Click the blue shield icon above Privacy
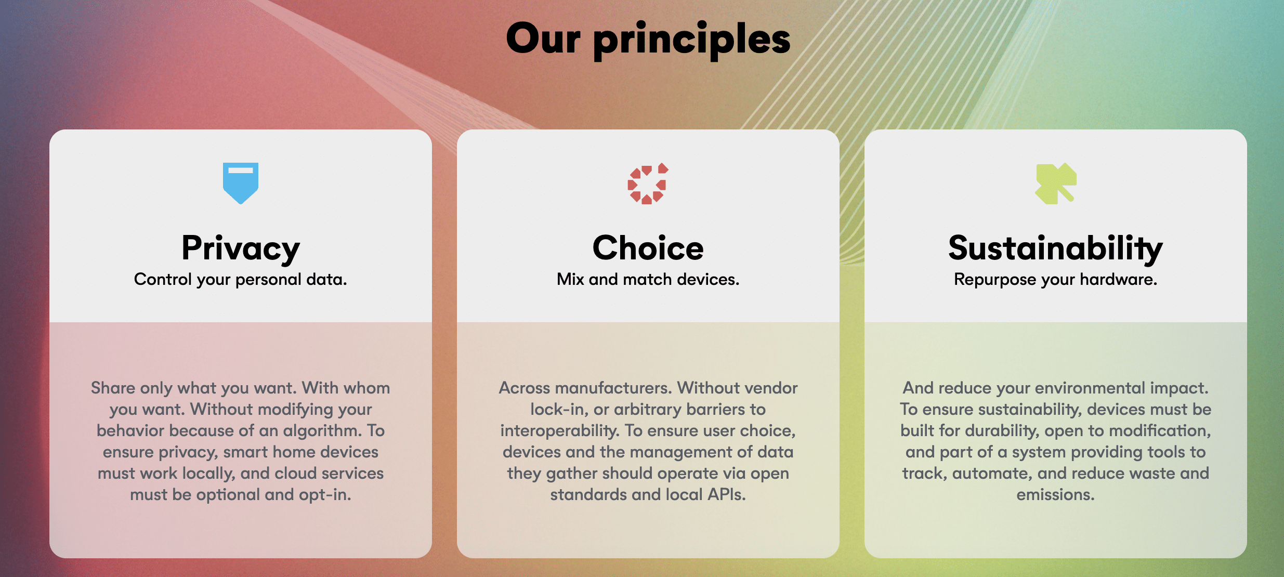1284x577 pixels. tap(241, 183)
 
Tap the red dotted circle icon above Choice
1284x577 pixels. tap(648, 183)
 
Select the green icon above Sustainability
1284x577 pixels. tap(1055, 183)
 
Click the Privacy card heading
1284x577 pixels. tap(241, 248)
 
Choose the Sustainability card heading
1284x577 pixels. tap(1055, 248)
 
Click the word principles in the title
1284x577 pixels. tap(692, 41)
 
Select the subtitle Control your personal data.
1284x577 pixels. tap(240, 280)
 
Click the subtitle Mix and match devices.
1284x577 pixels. tap(648, 279)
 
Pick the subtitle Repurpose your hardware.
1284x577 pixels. tap(1055, 280)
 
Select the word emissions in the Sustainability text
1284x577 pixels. tap(1055, 495)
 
